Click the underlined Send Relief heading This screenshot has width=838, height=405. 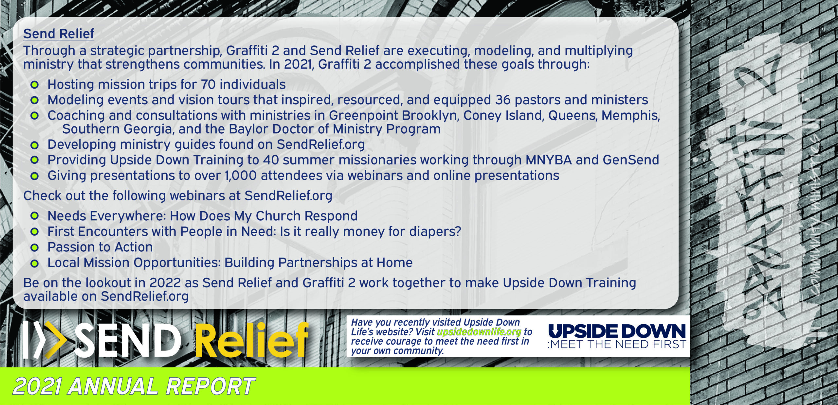click(59, 34)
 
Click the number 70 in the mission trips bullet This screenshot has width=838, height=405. click(208, 84)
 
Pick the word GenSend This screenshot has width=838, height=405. click(631, 160)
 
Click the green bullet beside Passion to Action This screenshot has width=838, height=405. click(34, 247)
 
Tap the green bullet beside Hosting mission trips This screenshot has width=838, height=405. click(34, 85)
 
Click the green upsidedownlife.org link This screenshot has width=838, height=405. click(479, 332)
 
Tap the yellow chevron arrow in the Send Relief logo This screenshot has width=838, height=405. click(54, 340)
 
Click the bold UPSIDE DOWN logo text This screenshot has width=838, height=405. click(617, 331)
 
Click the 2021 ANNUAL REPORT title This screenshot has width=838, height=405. click(134, 386)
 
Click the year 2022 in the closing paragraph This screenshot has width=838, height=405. click(165, 283)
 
